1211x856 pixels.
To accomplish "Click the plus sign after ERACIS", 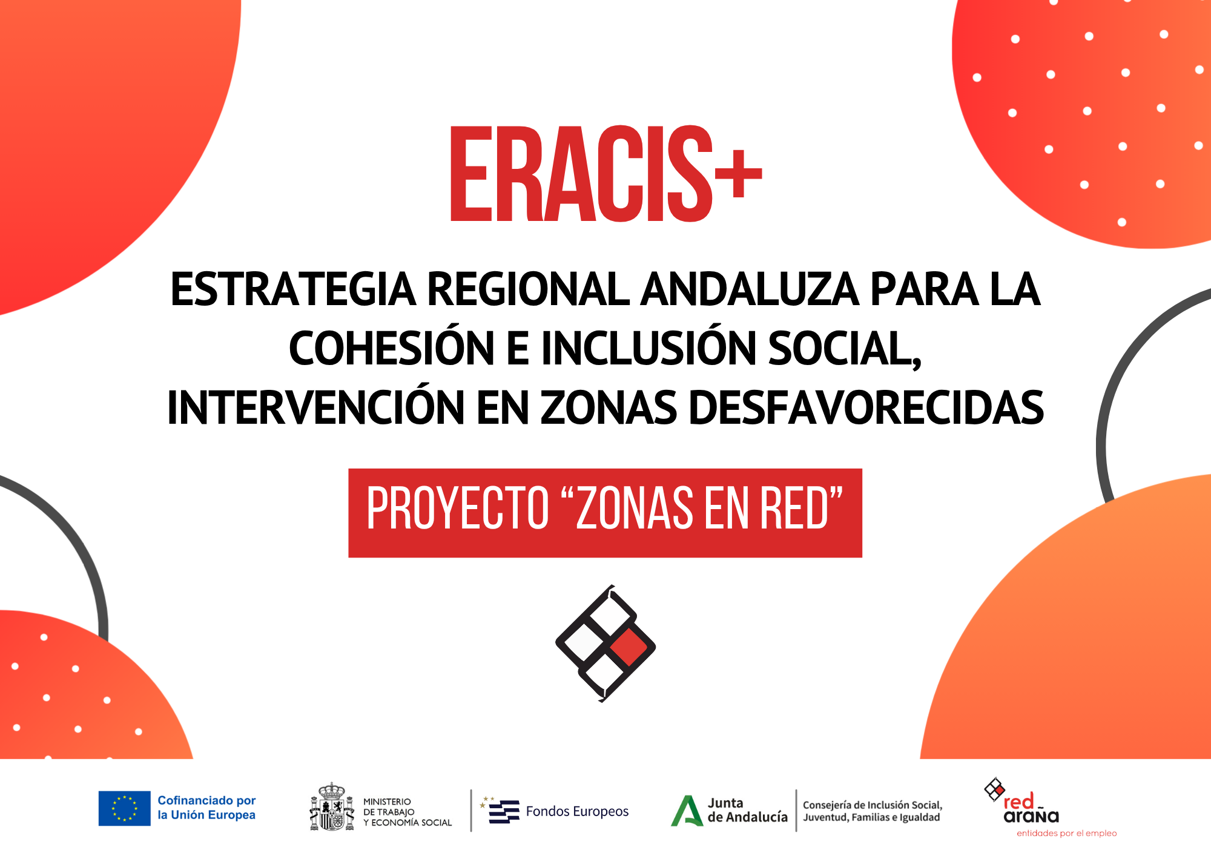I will tap(737, 174).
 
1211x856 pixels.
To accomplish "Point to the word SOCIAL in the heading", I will tap(843, 349).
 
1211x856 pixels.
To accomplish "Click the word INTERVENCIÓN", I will tap(315, 408).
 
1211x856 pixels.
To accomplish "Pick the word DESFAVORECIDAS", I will tap(866, 408).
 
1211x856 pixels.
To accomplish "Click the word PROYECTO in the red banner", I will tap(458, 509).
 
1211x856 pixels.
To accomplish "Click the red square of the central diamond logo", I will tap(629, 647).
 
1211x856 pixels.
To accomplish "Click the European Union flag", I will tap(125, 808).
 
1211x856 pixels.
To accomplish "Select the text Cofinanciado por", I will tap(206, 800).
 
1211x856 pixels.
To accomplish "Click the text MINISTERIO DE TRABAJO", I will tap(389, 807).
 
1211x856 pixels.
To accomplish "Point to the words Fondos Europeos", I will tap(577, 811).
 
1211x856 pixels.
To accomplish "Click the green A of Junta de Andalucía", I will tap(687, 811).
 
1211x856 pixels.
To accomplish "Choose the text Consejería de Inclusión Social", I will tap(873, 805).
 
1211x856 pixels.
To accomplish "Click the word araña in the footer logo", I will tap(1031, 817).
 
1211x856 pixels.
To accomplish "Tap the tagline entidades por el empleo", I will tap(1066, 834).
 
